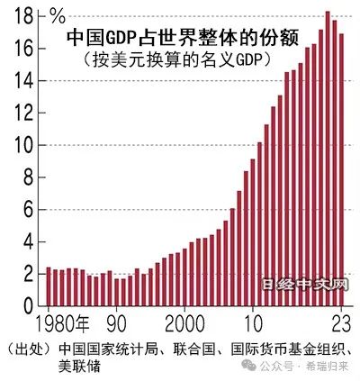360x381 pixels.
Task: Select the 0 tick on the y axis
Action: (29, 306)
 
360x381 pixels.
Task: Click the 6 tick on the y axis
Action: (29, 210)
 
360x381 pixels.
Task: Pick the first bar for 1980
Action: (49, 287)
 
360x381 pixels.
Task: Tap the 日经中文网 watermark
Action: (306, 287)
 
